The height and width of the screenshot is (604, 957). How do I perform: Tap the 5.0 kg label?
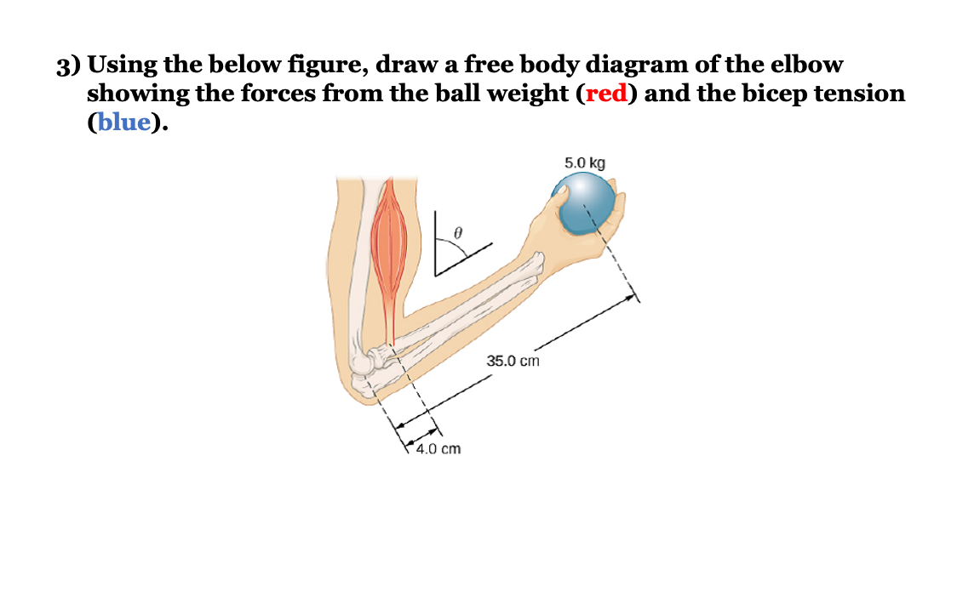click(x=585, y=162)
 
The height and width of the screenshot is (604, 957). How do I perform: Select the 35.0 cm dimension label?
click(x=513, y=361)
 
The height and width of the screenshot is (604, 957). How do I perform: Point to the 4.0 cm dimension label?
click(x=438, y=448)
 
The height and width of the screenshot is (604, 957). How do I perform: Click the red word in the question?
click(x=606, y=94)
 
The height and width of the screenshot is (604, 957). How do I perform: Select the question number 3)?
click(x=69, y=66)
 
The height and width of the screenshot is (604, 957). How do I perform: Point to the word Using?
click(x=125, y=66)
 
